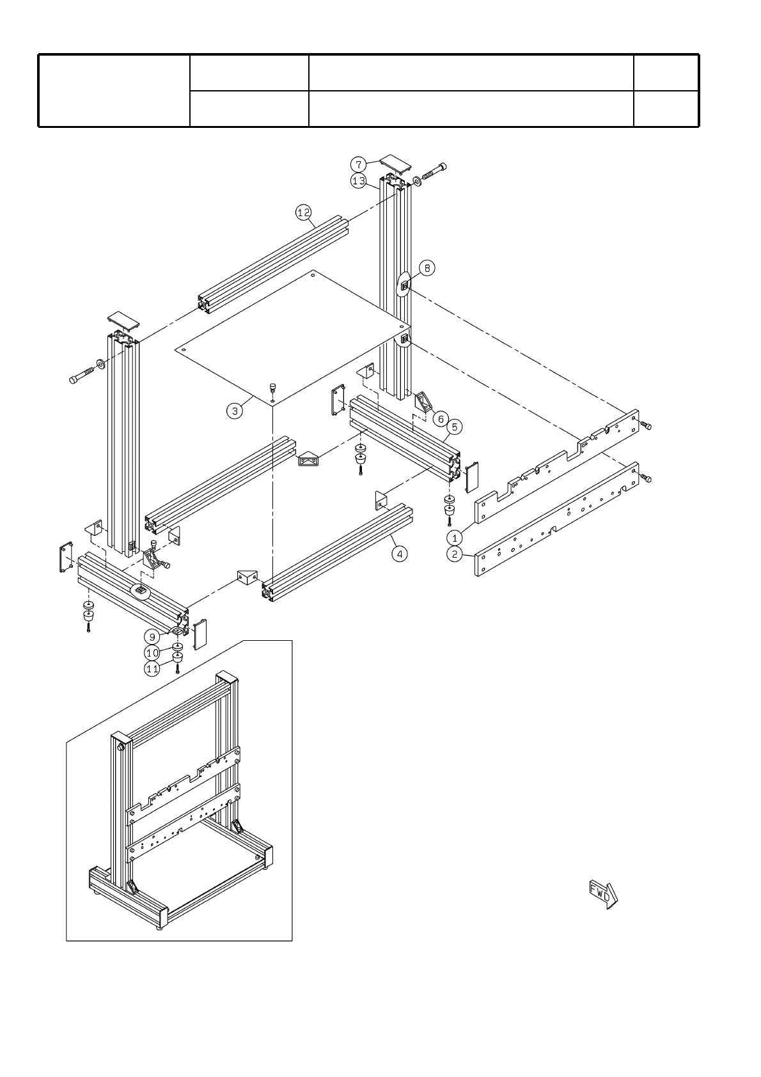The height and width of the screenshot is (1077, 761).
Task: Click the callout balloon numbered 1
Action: [x=455, y=537]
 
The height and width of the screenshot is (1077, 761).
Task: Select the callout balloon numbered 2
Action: [x=455, y=554]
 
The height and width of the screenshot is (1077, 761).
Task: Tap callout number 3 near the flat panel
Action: [x=235, y=411]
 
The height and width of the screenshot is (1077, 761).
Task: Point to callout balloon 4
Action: [x=399, y=554]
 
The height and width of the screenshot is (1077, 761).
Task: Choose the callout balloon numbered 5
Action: [x=454, y=426]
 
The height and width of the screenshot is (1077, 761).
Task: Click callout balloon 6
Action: [x=439, y=418]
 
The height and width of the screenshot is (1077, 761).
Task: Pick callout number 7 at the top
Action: [x=359, y=164]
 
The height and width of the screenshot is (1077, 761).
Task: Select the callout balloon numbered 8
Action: [x=427, y=267]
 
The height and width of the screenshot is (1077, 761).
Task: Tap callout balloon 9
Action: [x=152, y=637]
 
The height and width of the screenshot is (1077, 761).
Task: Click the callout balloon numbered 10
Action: [x=152, y=653]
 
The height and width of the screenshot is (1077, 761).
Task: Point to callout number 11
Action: [x=152, y=669]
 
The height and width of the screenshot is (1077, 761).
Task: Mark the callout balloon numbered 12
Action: [x=303, y=212]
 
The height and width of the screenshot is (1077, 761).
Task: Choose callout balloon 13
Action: [x=359, y=181]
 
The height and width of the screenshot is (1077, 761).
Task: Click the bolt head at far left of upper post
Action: [x=74, y=380]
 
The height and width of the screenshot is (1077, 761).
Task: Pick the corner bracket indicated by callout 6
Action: [x=424, y=403]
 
